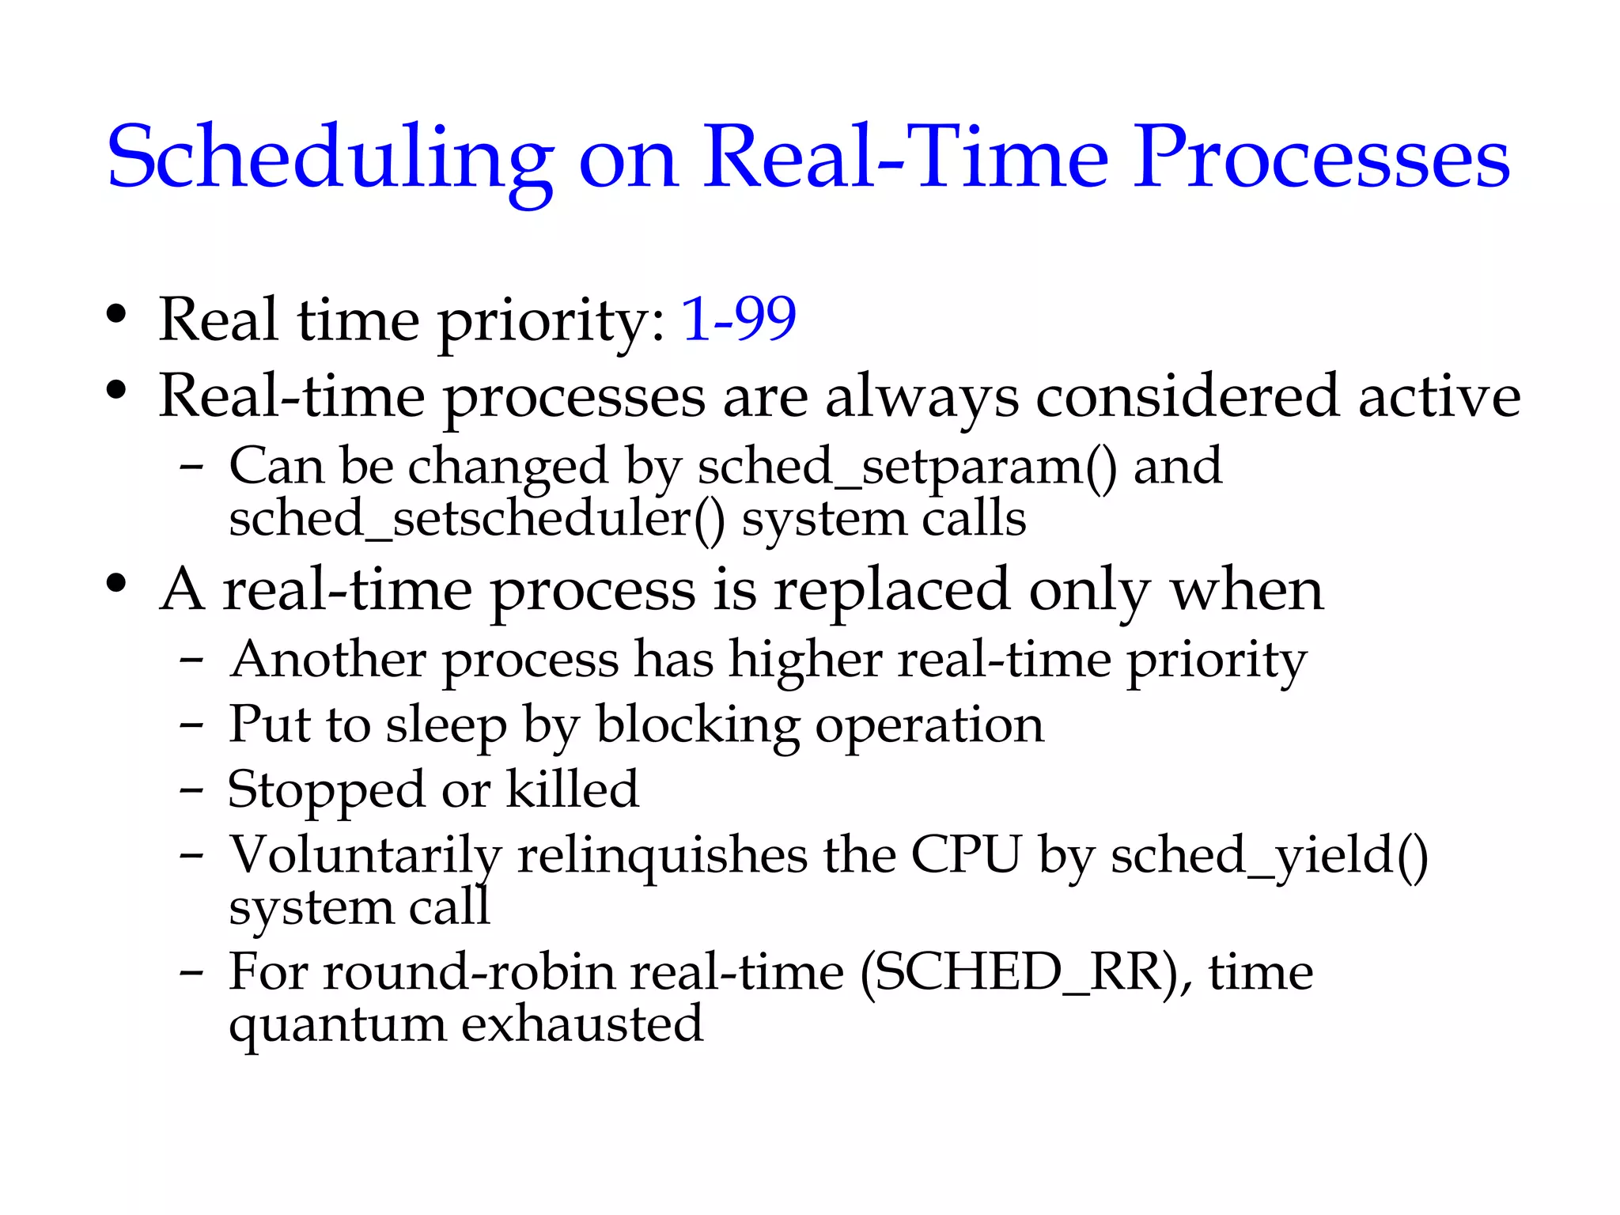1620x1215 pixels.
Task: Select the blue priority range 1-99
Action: click(x=739, y=320)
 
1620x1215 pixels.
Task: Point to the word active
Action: click(x=1439, y=396)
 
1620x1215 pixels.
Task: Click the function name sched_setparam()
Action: click(x=907, y=466)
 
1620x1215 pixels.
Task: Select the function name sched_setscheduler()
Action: click(x=476, y=520)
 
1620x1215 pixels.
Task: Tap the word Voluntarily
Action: click(x=365, y=855)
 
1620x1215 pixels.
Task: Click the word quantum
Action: click(x=338, y=1024)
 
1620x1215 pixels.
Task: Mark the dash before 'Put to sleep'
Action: click(x=191, y=725)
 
